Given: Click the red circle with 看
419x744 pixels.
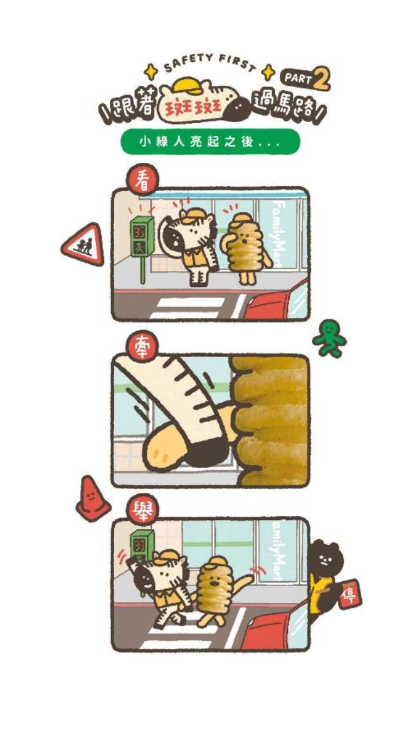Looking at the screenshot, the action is [x=142, y=179].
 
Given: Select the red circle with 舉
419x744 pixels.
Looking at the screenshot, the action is [x=142, y=509].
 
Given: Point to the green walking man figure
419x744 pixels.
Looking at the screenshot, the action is [x=329, y=338].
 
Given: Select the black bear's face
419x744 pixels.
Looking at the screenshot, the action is [x=324, y=559].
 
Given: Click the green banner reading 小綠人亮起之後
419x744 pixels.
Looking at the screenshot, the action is [x=211, y=142].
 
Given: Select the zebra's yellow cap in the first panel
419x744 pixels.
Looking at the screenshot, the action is [x=195, y=217].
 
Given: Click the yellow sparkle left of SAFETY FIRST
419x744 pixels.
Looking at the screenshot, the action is [x=151, y=71].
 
